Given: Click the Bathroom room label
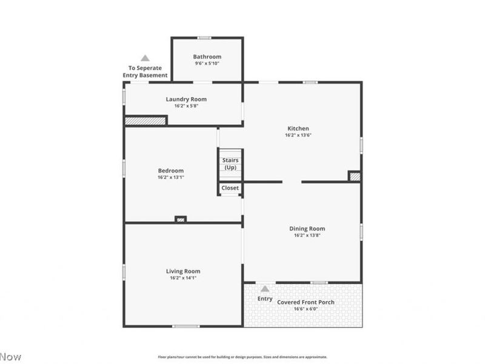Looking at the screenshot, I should [207, 57].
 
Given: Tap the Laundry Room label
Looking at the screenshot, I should [186, 99].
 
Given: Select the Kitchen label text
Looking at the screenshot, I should [298, 129].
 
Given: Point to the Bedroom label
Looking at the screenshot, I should [170, 170].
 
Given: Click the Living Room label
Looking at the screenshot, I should [183, 271].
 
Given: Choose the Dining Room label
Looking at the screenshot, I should [307, 229].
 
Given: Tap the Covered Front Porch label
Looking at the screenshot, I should [306, 302].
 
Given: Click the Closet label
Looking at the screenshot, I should [230, 188].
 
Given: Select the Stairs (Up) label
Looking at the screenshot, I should [230, 164].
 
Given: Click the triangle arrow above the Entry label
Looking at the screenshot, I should [265, 289].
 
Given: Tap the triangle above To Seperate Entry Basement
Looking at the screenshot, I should [145, 58].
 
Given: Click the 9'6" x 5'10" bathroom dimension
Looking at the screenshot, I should [207, 64].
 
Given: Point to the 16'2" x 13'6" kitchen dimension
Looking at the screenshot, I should [298, 135].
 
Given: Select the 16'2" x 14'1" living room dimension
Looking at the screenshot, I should [183, 278].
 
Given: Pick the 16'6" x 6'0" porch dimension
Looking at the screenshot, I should [306, 309].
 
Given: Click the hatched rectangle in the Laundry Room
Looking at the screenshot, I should [145, 121].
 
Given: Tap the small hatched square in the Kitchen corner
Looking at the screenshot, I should [355, 177].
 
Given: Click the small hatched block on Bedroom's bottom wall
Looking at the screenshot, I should [180, 219].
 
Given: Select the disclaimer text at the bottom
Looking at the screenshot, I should [242, 357].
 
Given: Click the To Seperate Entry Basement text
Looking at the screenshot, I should [145, 72].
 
